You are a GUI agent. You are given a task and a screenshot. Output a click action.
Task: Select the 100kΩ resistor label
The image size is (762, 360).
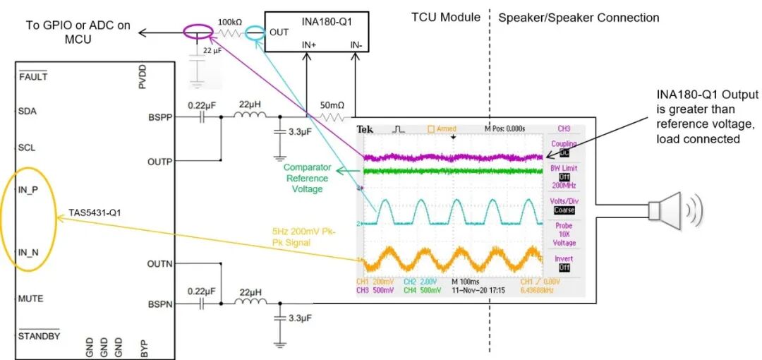[231, 22]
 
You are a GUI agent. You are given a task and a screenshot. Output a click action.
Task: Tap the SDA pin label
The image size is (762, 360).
[28, 111]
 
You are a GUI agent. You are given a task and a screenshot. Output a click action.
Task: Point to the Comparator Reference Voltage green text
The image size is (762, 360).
[307, 179]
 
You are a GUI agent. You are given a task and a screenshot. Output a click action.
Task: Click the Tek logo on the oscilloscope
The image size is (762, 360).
[365, 129]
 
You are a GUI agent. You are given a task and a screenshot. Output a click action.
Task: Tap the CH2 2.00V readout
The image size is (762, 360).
[419, 281]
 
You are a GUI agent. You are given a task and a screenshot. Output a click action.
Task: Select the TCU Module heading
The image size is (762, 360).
[446, 17]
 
